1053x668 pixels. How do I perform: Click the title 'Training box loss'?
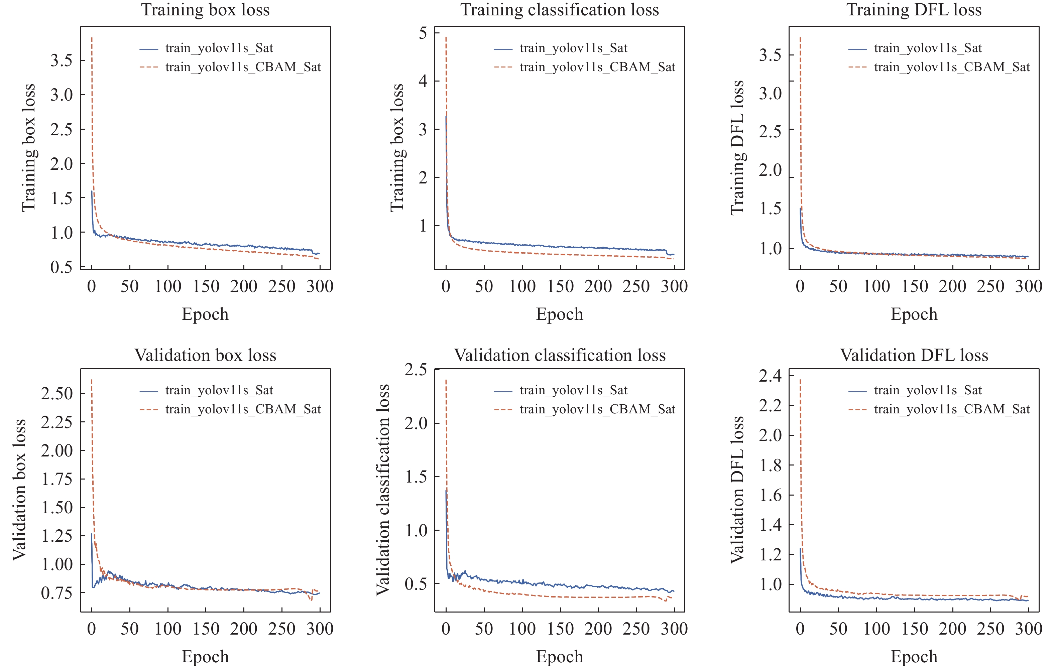click(x=205, y=10)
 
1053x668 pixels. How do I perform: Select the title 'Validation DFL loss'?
click(x=914, y=355)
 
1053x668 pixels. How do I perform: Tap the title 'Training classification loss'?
click(x=559, y=10)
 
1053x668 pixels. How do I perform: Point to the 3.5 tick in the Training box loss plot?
click(x=61, y=60)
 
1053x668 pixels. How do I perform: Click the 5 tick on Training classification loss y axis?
click(x=423, y=33)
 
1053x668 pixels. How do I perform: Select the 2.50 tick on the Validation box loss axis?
click(x=57, y=393)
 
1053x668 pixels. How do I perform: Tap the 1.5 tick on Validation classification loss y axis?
click(x=416, y=477)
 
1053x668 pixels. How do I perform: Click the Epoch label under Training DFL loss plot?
click(x=914, y=314)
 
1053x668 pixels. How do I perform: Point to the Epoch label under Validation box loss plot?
click(x=205, y=656)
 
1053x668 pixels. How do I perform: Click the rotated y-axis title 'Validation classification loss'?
click(x=383, y=490)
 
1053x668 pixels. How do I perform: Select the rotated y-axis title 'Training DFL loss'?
click(x=737, y=148)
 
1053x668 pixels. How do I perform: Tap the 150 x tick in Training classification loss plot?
click(x=560, y=286)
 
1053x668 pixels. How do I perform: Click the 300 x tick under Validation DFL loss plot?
click(x=1028, y=629)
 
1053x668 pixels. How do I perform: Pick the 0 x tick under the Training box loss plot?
click(x=91, y=286)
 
